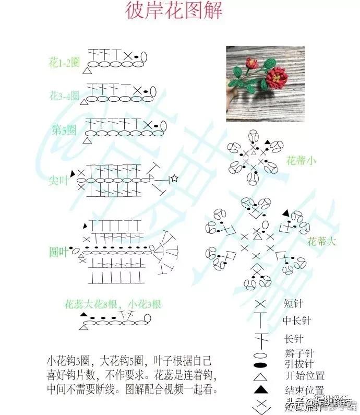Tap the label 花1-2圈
[64, 63]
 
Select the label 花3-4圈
[64, 96]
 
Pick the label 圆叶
[58, 252]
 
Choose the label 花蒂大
[319, 241]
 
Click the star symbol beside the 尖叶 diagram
[174, 179]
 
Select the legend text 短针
[294, 303]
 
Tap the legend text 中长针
[297, 321]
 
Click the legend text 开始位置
[305, 375]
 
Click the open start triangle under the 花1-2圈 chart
[87, 70]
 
